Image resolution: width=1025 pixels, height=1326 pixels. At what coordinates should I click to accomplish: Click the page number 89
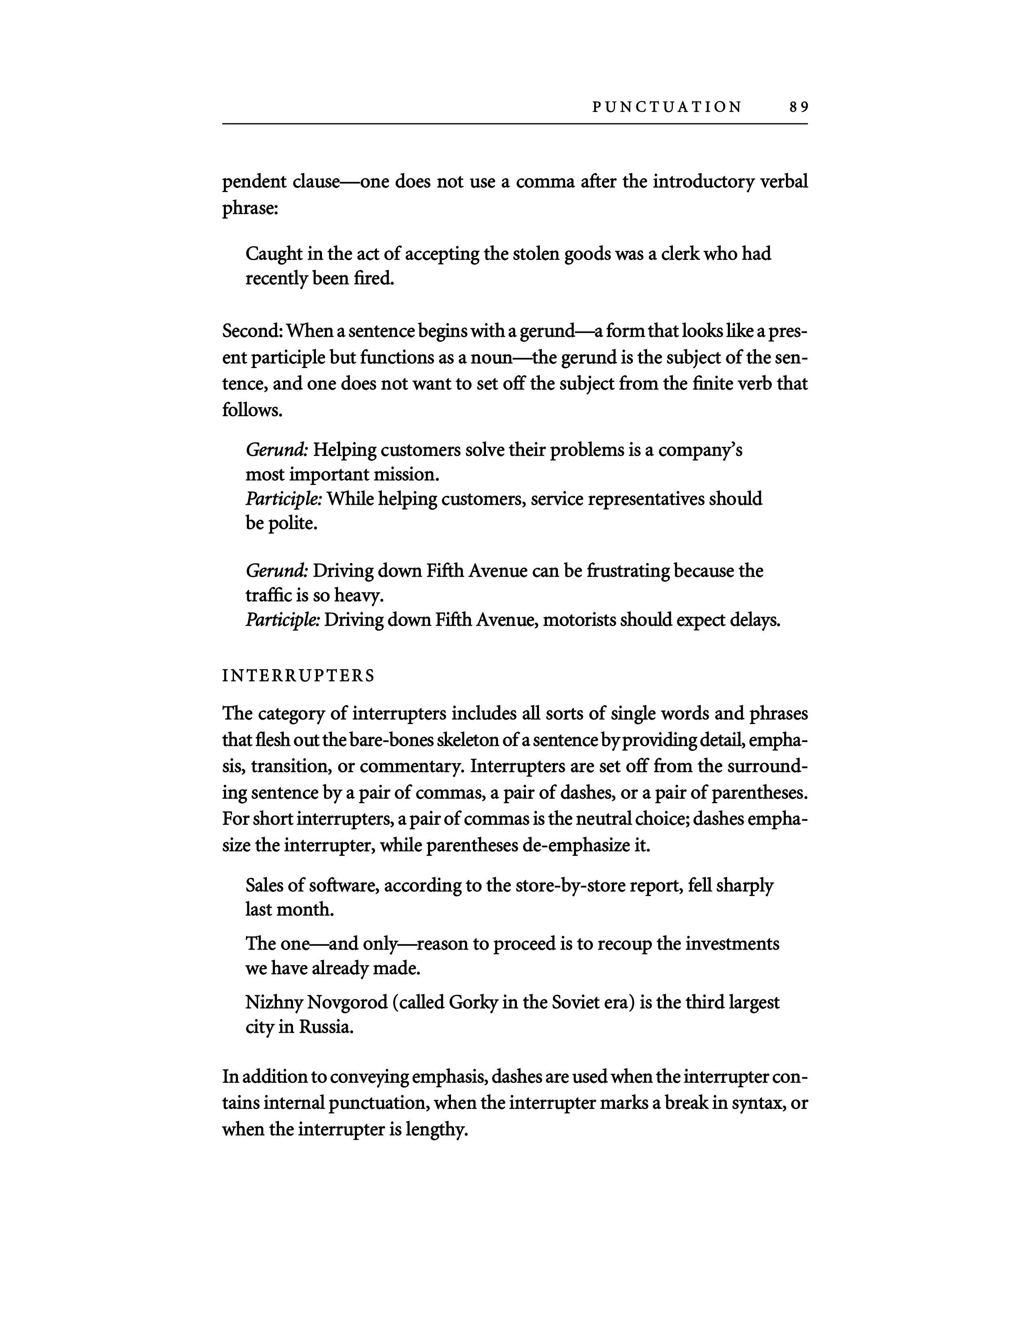pyautogui.click(x=799, y=107)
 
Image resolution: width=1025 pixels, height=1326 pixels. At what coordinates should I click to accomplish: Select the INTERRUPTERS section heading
pyautogui.click(x=298, y=676)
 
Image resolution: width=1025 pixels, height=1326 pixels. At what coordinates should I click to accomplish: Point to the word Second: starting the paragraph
pyautogui.click(x=252, y=331)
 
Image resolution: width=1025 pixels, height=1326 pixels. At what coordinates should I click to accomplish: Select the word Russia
pyautogui.click(x=326, y=1027)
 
